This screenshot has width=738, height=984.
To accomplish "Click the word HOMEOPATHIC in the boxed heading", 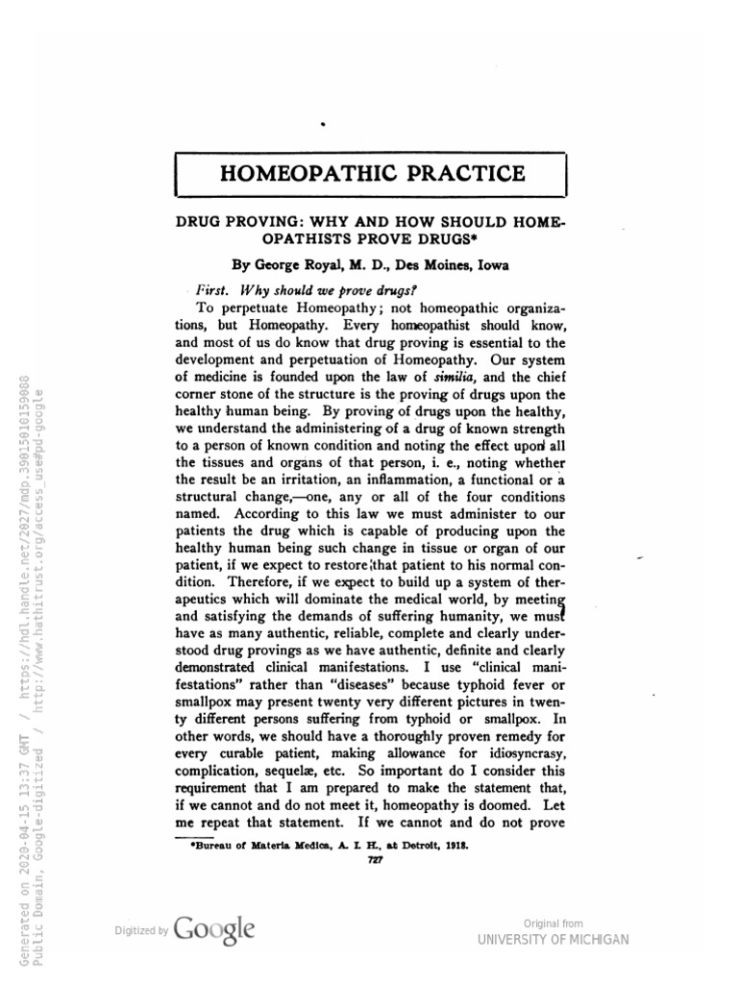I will tap(302, 173).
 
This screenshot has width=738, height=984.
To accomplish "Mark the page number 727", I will tap(378, 859).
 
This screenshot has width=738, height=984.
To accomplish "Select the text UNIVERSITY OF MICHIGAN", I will tap(553, 939).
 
